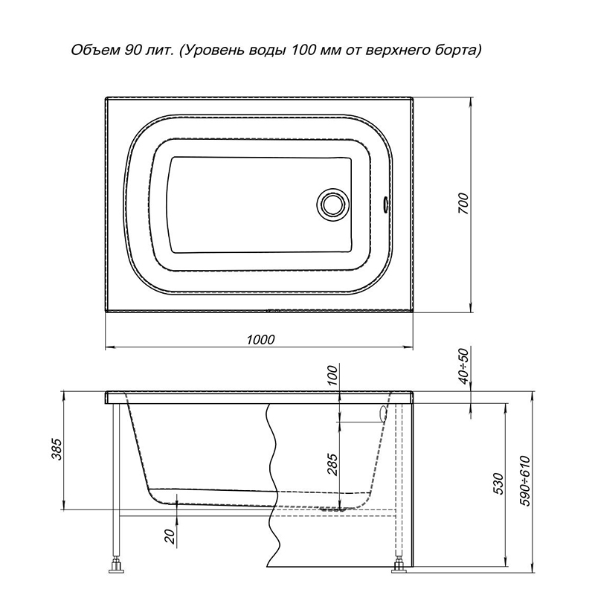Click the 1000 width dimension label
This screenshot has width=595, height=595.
(x=260, y=339)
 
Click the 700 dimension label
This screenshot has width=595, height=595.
(x=464, y=204)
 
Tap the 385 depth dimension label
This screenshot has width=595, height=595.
(x=57, y=449)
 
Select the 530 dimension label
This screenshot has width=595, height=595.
(x=499, y=483)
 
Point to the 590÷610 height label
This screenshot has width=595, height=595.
(x=526, y=480)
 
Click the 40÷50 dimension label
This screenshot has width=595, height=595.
(x=463, y=366)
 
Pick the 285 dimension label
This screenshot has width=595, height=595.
(x=332, y=464)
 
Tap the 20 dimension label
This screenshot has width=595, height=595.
(x=170, y=536)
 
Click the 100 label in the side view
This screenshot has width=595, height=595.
(x=332, y=375)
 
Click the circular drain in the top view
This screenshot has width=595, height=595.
(x=332, y=205)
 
